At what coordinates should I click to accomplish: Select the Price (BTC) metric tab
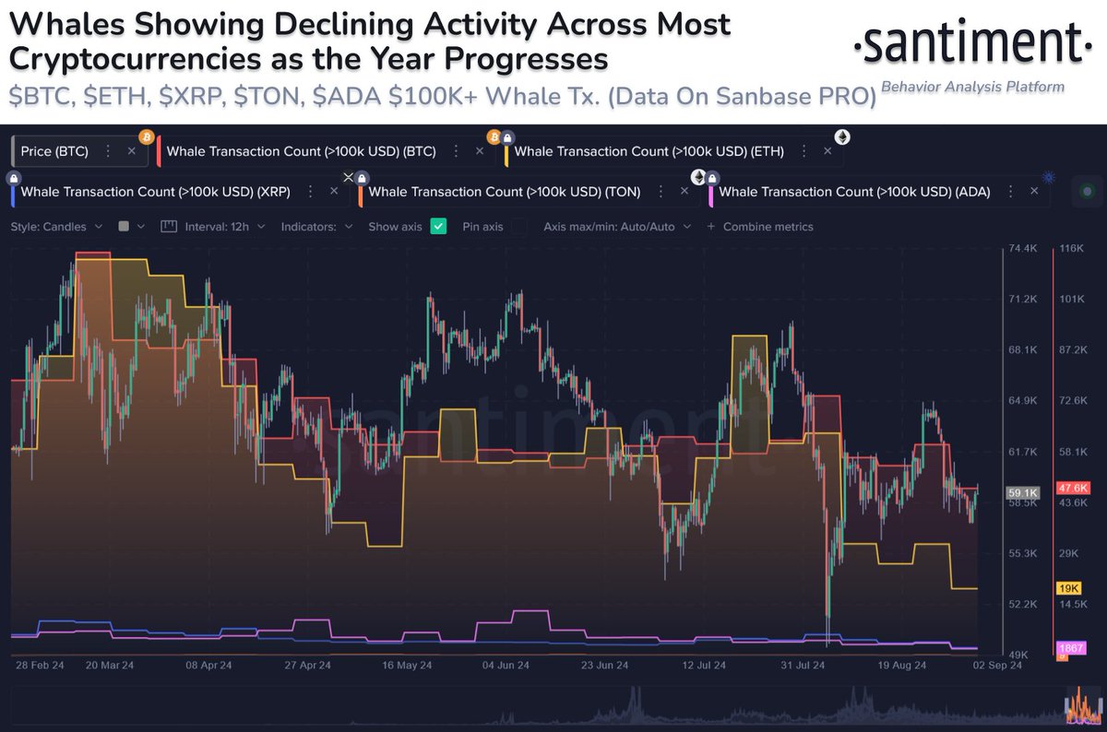[x=55, y=151]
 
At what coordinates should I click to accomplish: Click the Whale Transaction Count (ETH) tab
[x=649, y=151]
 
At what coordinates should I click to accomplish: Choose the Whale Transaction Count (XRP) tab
[x=155, y=192]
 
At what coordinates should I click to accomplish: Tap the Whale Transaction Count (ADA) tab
[x=853, y=192]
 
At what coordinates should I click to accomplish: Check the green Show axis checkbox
[x=438, y=226]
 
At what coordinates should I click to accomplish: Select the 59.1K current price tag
[x=1020, y=493]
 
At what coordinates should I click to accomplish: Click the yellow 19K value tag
[x=1068, y=588]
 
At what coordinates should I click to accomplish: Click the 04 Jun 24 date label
[x=506, y=665]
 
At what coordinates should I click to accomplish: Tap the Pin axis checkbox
[x=520, y=226]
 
